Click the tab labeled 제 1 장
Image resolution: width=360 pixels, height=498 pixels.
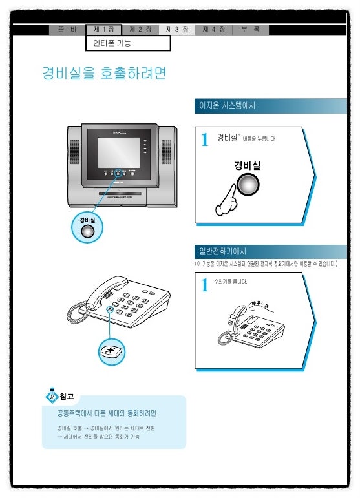[103, 30]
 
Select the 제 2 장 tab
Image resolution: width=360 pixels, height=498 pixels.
[140, 30]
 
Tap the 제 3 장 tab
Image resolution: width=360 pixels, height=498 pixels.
[176, 30]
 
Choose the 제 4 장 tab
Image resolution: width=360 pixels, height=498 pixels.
[213, 30]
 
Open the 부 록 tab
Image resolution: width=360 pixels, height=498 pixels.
[250, 30]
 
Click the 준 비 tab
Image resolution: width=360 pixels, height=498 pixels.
[67, 30]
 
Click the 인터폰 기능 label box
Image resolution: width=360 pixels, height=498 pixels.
[128, 43]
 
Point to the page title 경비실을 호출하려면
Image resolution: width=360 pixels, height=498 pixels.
[104, 73]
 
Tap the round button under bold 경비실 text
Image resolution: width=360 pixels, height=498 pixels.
[246, 185]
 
